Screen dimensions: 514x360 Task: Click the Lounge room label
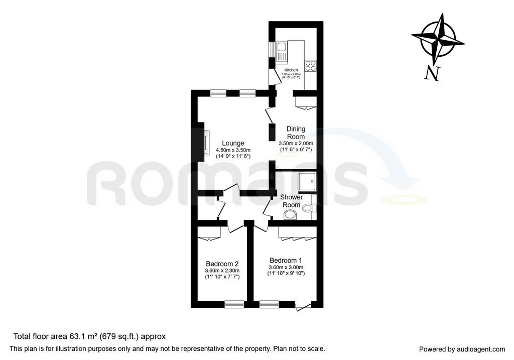233,143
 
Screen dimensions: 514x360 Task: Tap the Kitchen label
291,70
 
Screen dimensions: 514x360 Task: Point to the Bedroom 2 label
222,264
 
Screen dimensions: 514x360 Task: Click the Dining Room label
296,133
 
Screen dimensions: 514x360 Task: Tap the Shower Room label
292,201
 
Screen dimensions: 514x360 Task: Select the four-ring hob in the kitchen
310,66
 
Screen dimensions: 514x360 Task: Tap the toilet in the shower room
309,207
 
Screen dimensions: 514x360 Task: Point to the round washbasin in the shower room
290,215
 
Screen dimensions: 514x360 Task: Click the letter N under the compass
432,73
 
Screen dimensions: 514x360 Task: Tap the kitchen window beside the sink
272,50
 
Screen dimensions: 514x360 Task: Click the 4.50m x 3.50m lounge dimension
233,150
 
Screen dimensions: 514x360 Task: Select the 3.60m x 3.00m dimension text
286,267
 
